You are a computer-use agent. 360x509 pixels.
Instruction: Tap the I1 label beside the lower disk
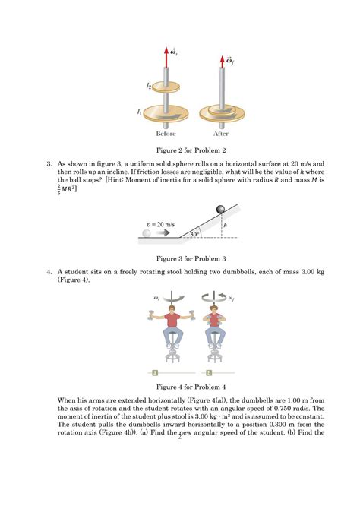point(139,112)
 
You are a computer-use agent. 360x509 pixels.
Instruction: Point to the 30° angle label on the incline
point(195,235)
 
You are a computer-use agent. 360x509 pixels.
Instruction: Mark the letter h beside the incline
point(228,226)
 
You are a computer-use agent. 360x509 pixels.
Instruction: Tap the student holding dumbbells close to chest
point(208,328)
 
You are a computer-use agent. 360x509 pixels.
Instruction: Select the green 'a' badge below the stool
point(155,373)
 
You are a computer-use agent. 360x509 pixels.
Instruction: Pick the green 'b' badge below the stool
point(208,373)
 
